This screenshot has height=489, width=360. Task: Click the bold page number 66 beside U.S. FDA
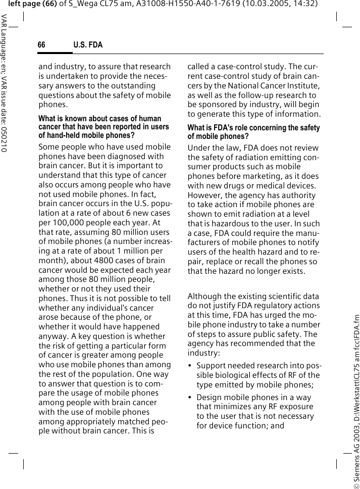click(41, 45)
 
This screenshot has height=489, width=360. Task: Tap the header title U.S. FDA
click(88, 45)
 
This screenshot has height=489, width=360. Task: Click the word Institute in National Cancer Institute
click(301, 85)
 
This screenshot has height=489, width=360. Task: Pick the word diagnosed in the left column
click(123, 157)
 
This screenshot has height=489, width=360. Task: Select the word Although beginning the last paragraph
click(204, 296)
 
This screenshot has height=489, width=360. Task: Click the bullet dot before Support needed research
click(190, 365)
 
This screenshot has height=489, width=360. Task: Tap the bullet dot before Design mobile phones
click(190, 398)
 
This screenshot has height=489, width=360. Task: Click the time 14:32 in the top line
click(305, 4)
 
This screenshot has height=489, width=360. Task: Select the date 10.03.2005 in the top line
click(268, 4)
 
